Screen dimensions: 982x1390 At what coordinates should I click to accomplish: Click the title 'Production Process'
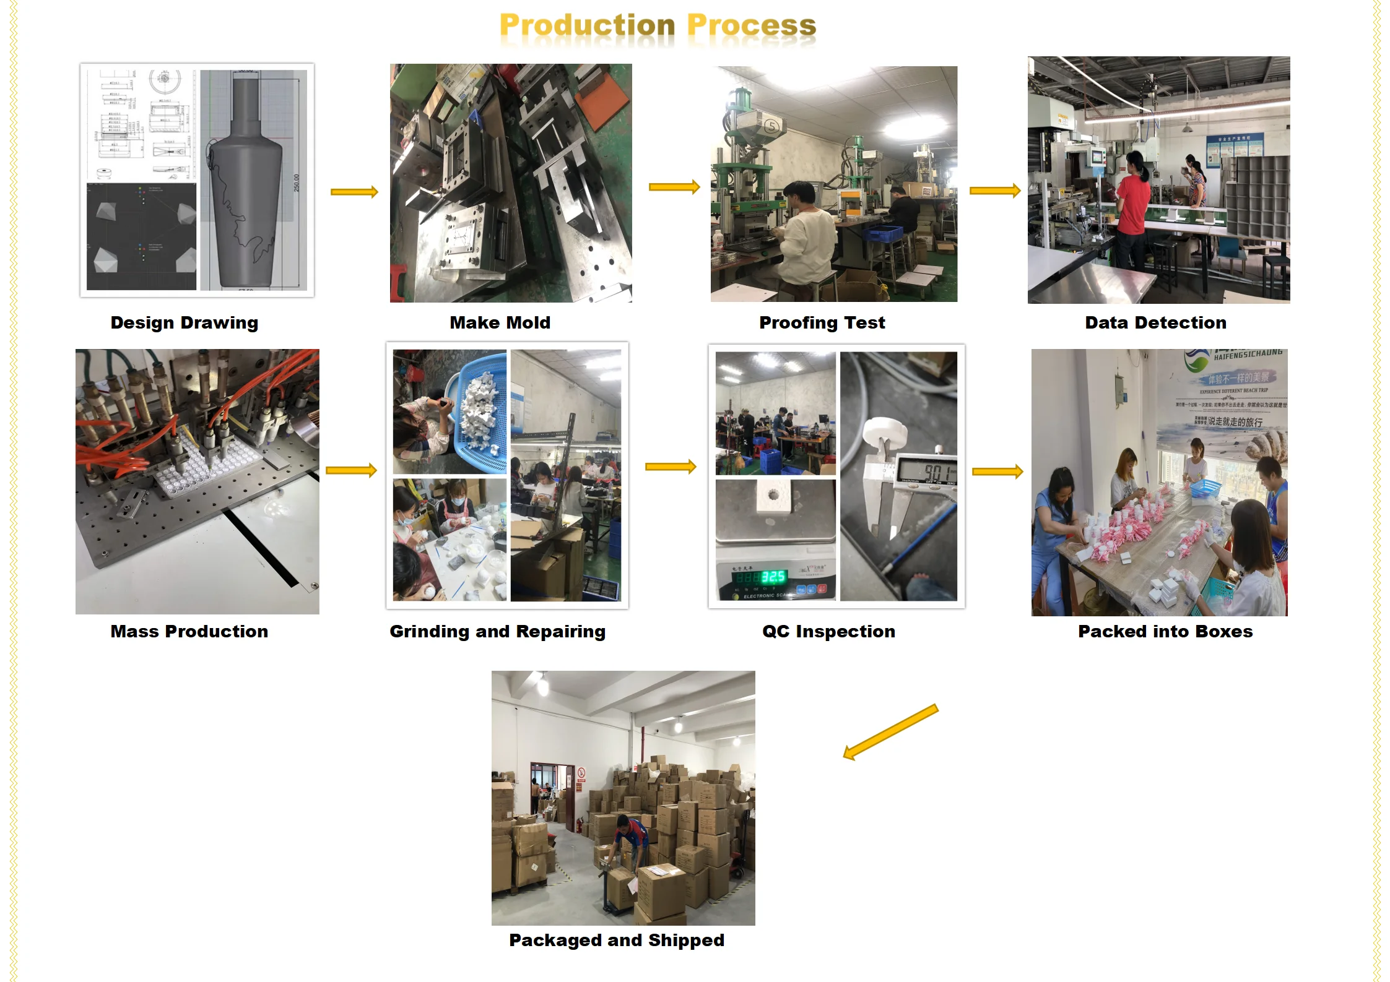click(x=658, y=26)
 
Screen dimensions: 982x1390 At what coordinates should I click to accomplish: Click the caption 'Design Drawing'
click(x=184, y=322)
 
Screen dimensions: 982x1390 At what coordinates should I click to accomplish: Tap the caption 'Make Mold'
click(x=500, y=322)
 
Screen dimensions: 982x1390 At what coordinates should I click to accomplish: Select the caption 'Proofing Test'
click(x=822, y=322)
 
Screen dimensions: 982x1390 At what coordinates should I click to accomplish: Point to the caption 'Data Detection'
click(x=1155, y=322)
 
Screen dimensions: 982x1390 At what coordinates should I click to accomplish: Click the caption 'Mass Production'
click(x=189, y=631)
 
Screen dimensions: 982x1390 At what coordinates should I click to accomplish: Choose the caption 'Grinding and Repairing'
click(x=497, y=631)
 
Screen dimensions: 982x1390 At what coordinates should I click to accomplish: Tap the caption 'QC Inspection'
click(x=828, y=631)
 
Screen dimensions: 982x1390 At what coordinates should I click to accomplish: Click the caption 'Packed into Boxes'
click(x=1165, y=631)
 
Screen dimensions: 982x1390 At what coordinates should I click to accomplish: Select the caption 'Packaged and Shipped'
click(x=616, y=940)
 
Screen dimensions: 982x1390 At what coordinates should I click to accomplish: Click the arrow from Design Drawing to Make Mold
click(x=354, y=192)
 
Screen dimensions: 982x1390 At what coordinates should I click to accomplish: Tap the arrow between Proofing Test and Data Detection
click(x=994, y=191)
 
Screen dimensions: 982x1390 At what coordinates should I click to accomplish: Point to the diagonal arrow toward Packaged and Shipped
click(x=890, y=732)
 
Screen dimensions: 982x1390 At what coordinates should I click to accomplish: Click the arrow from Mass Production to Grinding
click(x=351, y=470)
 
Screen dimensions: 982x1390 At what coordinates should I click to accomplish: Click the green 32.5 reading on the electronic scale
click(x=773, y=577)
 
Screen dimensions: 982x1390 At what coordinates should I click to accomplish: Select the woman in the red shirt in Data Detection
click(x=1132, y=204)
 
